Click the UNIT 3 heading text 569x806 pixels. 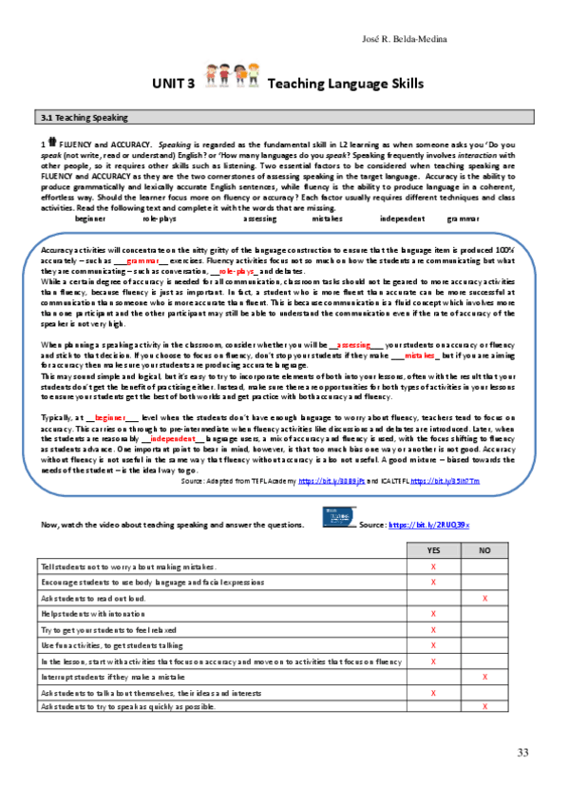click(x=173, y=84)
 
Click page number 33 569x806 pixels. click(x=522, y=753)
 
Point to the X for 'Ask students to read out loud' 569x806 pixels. click(x=485, y=598)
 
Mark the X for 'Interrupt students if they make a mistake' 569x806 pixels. click(x=485, y=676)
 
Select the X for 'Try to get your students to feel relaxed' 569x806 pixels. click(x=433, y=629)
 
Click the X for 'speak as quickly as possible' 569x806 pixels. click(x=485, y=707)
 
